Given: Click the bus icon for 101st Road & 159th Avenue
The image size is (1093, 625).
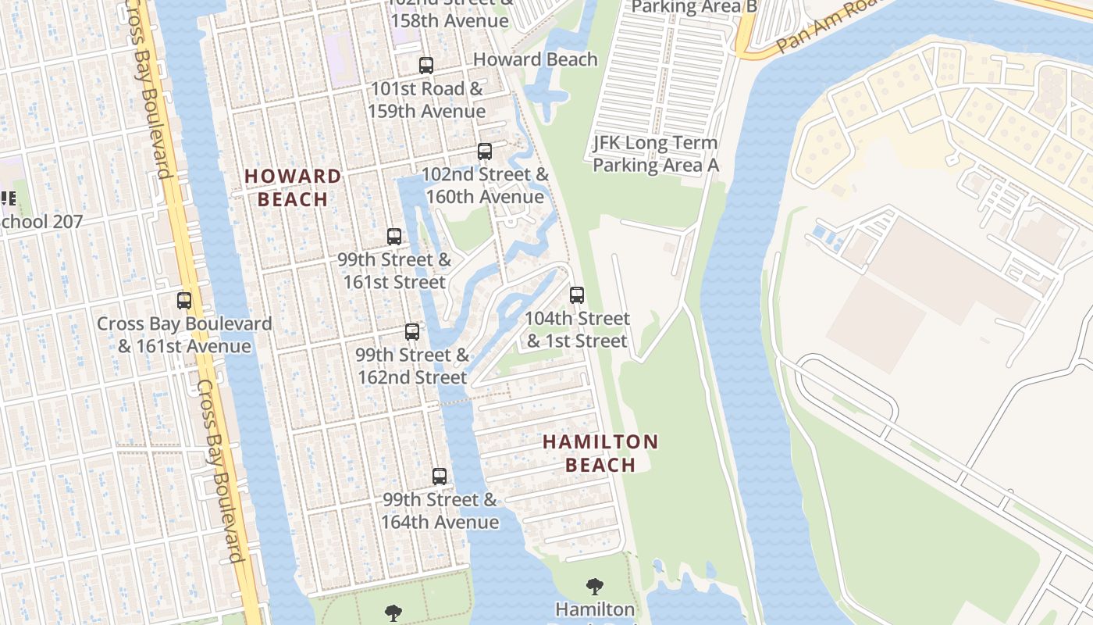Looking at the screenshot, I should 425,66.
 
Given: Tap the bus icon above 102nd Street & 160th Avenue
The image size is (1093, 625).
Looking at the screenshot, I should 485,152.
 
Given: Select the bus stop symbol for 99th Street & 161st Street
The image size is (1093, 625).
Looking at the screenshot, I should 394,237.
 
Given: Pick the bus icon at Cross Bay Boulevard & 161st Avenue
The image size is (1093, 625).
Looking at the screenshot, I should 184,301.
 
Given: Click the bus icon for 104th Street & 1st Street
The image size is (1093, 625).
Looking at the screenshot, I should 577,295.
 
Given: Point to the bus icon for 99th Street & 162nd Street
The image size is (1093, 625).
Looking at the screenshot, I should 412,332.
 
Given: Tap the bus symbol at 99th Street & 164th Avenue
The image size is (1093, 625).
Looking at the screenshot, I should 440,477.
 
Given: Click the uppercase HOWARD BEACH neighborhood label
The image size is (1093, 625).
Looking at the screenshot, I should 293,187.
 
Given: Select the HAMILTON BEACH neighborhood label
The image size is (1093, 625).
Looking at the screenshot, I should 600,453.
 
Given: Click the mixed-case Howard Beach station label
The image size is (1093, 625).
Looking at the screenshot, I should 535,59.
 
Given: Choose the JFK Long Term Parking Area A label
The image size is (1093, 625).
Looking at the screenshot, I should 655,154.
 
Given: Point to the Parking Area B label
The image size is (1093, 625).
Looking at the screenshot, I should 694,7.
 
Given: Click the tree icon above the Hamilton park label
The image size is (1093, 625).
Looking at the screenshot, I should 595,586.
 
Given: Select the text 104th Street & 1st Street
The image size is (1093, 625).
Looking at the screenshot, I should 577,330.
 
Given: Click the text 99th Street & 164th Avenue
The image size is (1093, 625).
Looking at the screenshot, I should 440,511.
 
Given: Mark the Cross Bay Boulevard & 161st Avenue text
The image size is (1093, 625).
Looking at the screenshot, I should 184,334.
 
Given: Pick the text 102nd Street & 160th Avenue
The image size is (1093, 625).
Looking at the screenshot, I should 485,185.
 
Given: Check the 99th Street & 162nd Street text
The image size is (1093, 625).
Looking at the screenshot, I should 412,366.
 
